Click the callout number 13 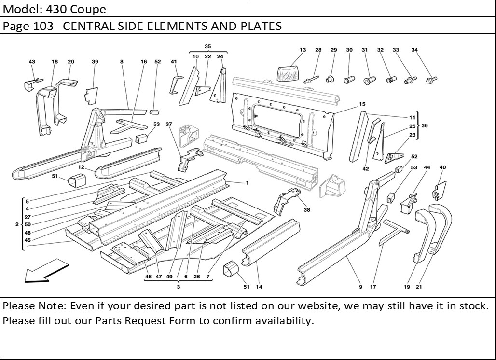tap(303, 50)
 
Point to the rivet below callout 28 tap(311, 77)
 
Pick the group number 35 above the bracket tap(208, 47)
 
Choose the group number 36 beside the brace tap(425, 125)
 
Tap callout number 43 tap(32, 62)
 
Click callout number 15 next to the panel tap(362, 104)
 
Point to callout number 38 tap(307, 210)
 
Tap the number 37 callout tap(169, 124)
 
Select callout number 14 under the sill tap(259, 287)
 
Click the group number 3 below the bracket tap(178, 287)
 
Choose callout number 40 tap(442, 167)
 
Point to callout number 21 tap(418, 287)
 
